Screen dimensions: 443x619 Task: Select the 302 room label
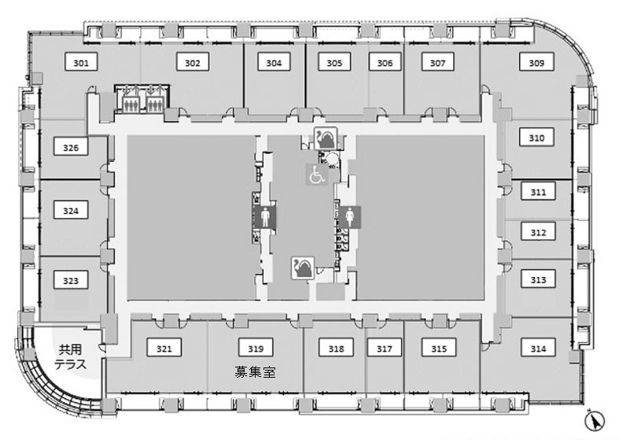point(193,62)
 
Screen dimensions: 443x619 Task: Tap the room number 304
point(274,62)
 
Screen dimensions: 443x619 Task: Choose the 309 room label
point(537,62)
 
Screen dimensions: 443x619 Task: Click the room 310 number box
point(537,138)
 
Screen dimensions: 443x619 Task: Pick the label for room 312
point(538,233)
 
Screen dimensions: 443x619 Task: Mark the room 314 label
point(538,349)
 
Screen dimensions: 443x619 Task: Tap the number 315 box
point(439,349)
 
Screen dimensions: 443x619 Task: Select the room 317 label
point(385,349)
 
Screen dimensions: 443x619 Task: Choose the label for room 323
point(71,280)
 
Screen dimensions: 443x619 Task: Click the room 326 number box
point(71,147)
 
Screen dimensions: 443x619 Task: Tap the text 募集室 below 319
point(255,371)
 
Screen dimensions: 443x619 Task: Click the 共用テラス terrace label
point(70,356)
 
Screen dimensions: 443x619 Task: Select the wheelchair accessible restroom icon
point(316,176)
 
